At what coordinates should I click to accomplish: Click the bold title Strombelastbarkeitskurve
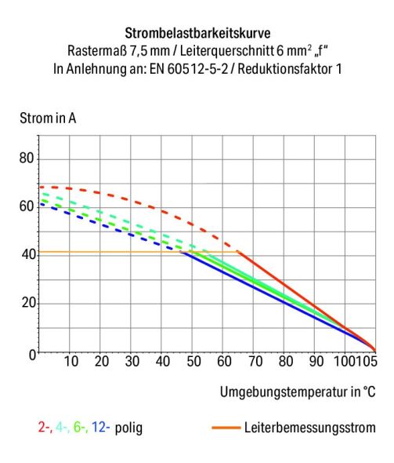[197, 35]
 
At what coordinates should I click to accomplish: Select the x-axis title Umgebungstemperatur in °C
[297, 391]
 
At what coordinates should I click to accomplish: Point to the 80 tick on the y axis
[28, 159]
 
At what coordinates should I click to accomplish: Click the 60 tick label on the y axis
[28, 206]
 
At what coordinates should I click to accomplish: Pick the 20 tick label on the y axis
[28, 303]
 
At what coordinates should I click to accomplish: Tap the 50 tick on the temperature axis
[193, 362]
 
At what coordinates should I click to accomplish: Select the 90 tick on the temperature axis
[316, 362]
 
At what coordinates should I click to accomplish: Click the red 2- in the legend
[44, 428]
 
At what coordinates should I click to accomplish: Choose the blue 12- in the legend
[99, 428]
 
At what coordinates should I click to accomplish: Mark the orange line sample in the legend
[224, 428]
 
